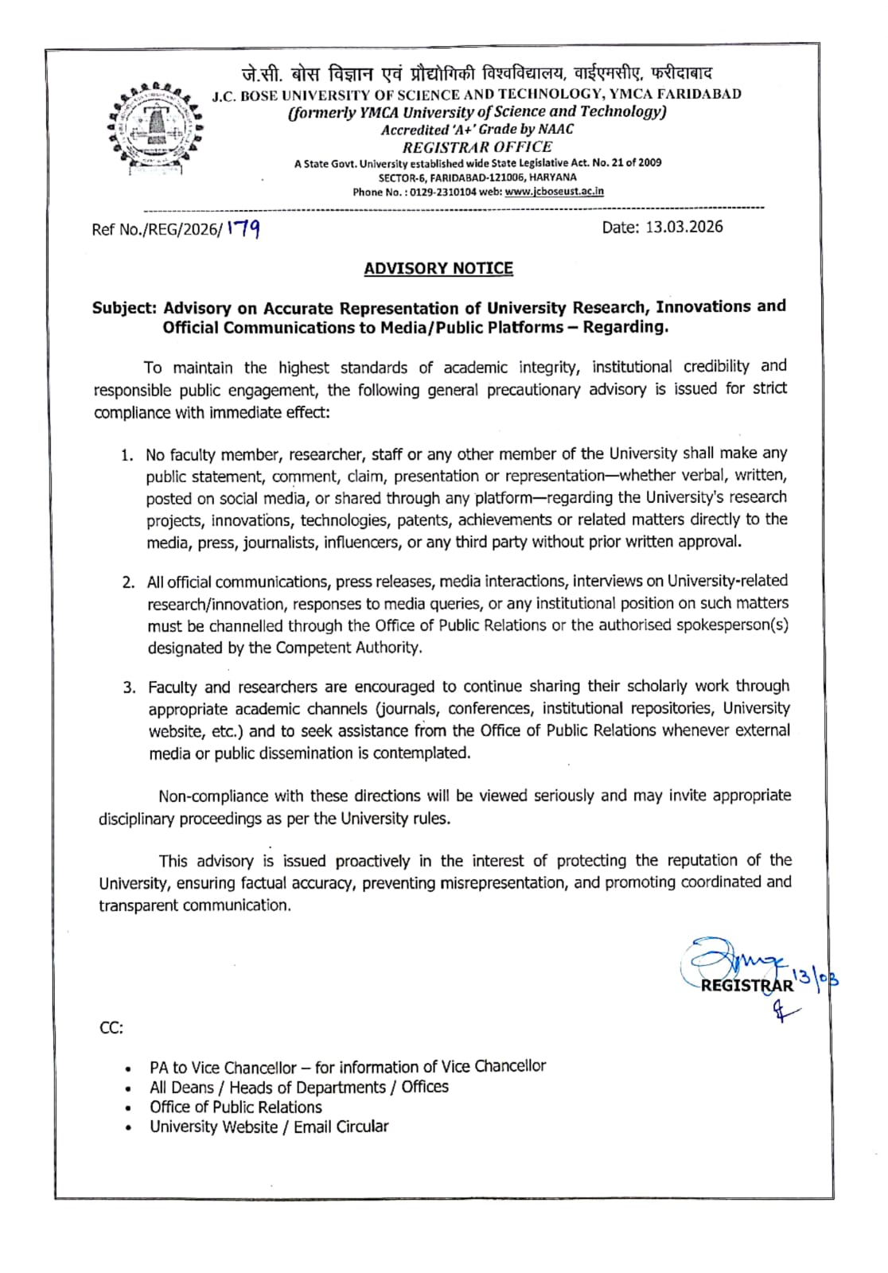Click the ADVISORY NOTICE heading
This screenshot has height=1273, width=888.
(x=438, y=268)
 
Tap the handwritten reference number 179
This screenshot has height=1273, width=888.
(x=243, y=229)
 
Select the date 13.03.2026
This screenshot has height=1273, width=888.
(x=684, y=227)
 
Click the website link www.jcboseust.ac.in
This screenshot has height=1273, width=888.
(x=554, y=192)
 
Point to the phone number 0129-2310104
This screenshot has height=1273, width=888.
(x=442, y=192)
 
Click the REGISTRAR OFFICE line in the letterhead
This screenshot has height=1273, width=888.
(x=477, y=147)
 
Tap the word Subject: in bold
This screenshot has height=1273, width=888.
(x=125, y=309)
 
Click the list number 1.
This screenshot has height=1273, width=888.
(x=127, y=455)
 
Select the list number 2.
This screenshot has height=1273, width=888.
(x=128, y=582)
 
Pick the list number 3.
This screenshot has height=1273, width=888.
(x=129, y=687)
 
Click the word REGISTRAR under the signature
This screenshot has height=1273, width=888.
(x=746, y=986)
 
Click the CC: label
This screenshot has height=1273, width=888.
(x=111, y=1028)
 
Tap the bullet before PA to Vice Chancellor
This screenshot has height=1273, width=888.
(x=129, y=1069)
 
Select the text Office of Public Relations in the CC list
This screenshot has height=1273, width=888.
(x=236, y=1107)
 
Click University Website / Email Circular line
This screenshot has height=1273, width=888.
(x=269, y=1127)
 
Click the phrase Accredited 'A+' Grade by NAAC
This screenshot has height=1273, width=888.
(x=477, y=130)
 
